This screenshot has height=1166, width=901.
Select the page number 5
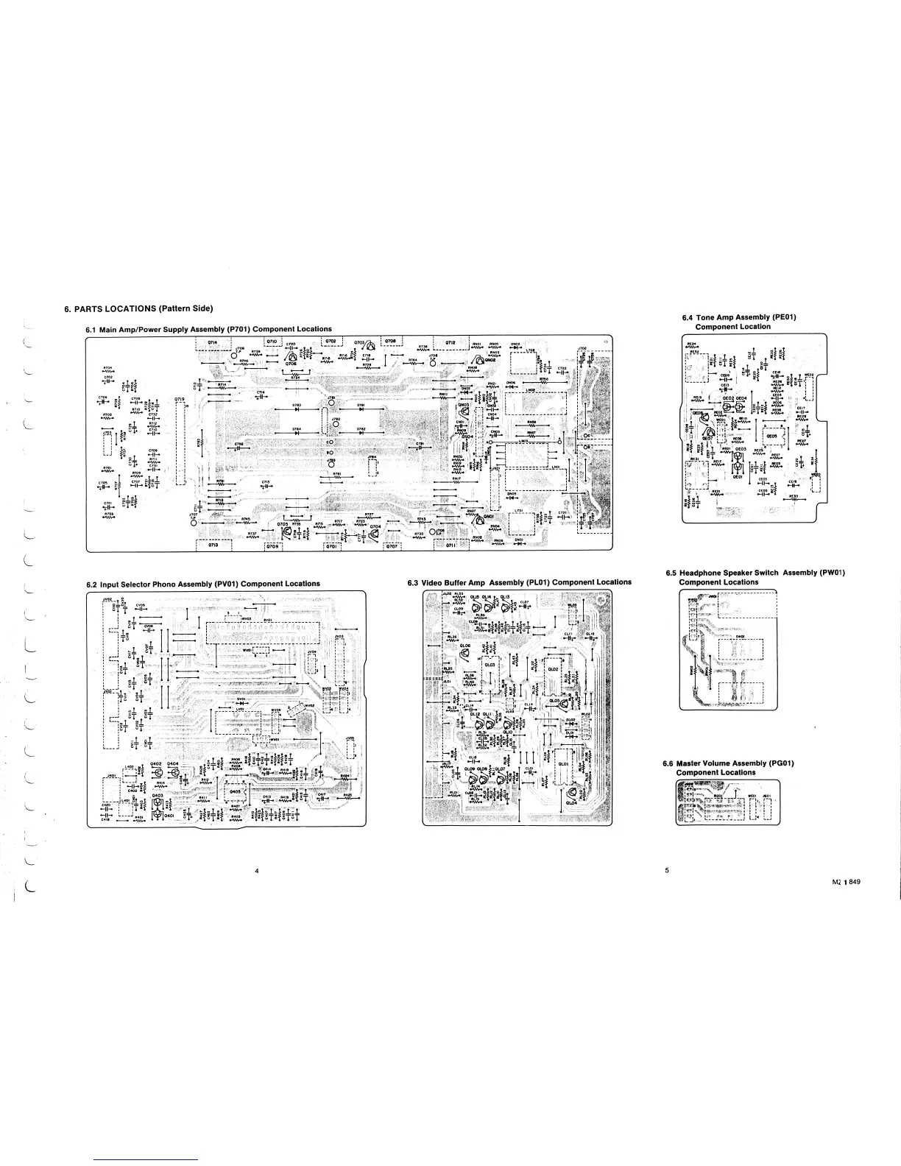pos(666,871)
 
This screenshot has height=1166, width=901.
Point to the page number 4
pos(256,872)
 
